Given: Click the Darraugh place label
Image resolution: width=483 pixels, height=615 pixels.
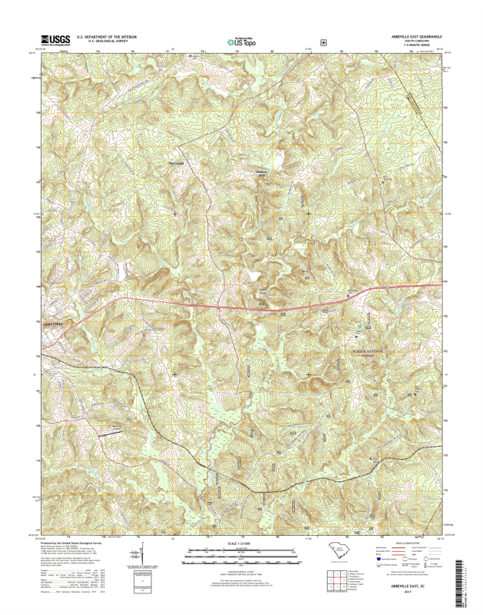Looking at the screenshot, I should point(178,162).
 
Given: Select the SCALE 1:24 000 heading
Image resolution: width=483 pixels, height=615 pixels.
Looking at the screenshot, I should point(241,544).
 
